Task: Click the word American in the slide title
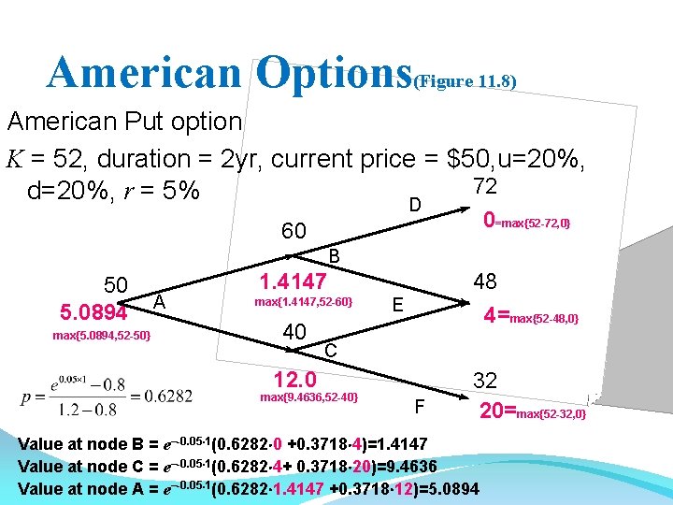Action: [145, 72]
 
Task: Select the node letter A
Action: [160, 300]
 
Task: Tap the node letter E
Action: [398, 304]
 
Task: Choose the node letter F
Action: [418, 407]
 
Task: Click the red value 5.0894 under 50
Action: [93, 310]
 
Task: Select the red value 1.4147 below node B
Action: [293, 281]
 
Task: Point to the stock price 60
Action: [294, 231]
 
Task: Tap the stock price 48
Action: [485, 281]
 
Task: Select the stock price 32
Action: [485, 380]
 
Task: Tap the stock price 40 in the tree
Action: [294, 333]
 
